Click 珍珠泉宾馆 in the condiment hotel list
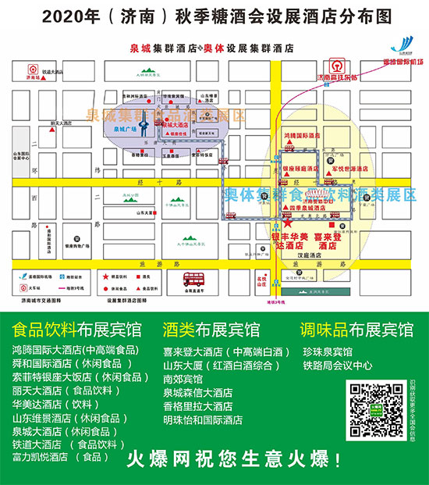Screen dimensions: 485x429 327,351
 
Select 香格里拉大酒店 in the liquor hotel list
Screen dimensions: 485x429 198,406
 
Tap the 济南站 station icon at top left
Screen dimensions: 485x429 32,66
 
